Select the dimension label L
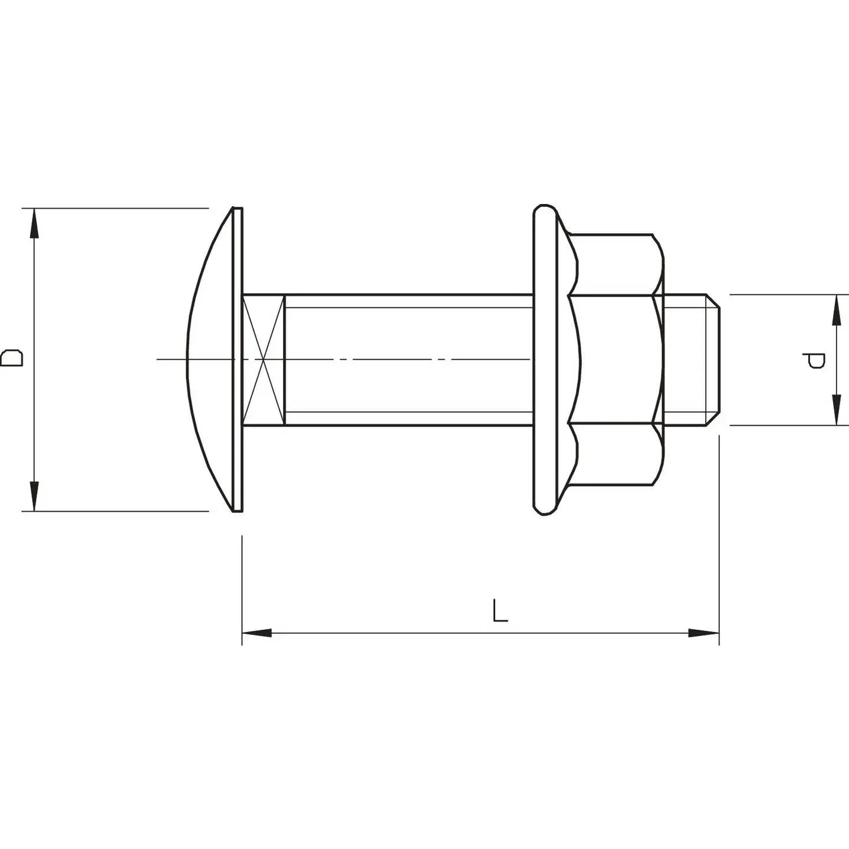click(x=499, y=611)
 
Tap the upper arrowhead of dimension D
click(x=34, y=224)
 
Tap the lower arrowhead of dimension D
click(x=34, y=495)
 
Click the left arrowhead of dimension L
click(x=257, y=633)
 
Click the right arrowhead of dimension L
click(x=704, y=633)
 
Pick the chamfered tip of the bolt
click(x=713, y=360)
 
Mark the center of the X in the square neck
click(x=264, y=360)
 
